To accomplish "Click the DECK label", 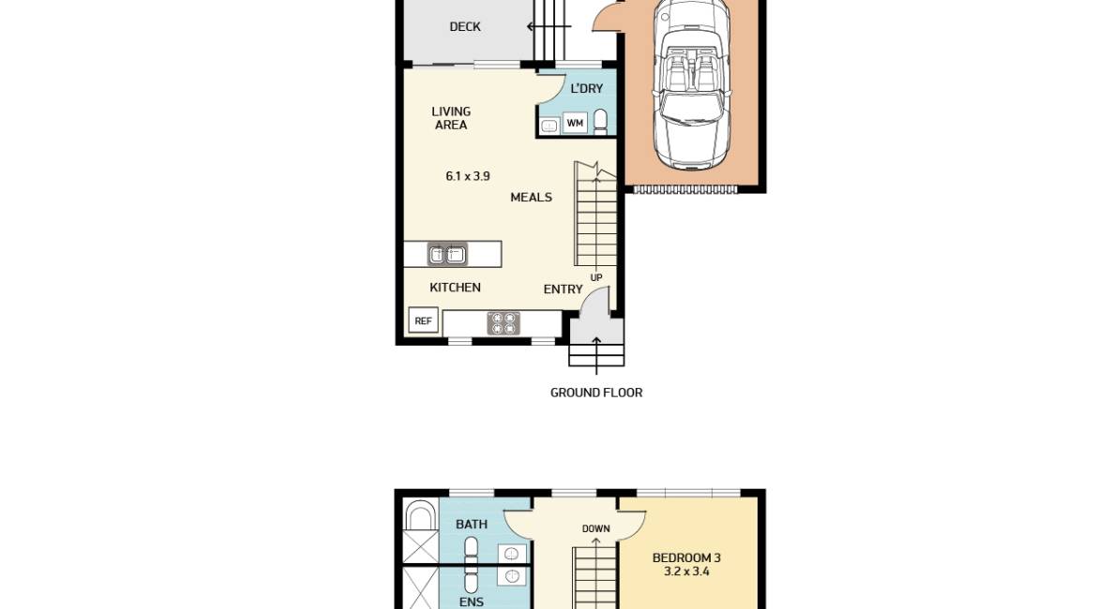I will click(465, 27).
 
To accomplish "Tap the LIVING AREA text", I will click(451, 118).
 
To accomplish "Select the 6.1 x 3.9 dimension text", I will click(467, 176).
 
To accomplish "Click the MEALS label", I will click(531, 198).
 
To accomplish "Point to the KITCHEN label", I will click(455, 288).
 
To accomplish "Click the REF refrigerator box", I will click(423, 321).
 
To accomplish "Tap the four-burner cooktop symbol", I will click(503, 323).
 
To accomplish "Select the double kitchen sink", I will click(447, 254).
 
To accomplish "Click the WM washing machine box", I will click(575, 123).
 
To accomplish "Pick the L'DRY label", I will click(587, 89).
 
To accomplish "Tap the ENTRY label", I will click(563, 290).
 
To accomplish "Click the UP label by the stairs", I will click(596, 277).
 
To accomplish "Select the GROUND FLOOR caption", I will click(596, 393).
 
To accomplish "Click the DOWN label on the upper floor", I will click(596, 528).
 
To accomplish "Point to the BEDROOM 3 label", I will click(686, 558).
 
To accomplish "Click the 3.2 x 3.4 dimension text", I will click(686, 572).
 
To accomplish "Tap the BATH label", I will click(472, 525).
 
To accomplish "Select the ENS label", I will click(471, 602).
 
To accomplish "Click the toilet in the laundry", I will click(600, 122).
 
